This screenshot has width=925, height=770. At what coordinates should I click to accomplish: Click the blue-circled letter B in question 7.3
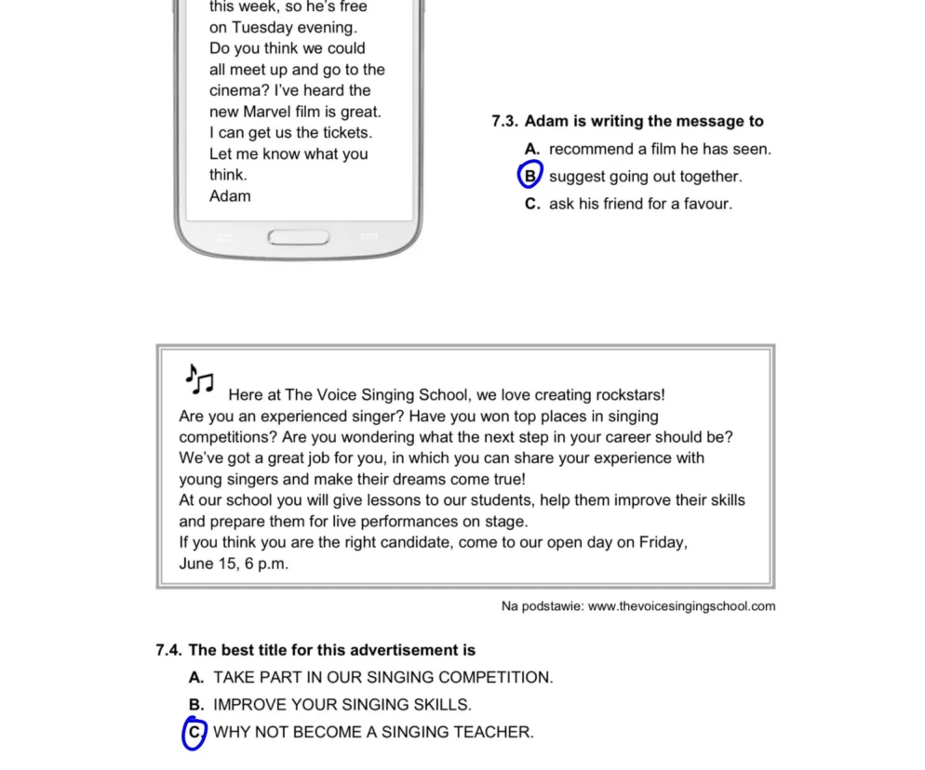tap(530, 175)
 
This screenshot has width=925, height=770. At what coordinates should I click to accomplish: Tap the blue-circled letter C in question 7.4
tap(194, 733)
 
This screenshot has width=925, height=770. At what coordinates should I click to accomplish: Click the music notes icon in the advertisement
tap(199, 378)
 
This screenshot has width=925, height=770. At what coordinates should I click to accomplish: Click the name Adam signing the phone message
tap(230, 195)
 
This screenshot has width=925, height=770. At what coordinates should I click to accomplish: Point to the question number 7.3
tap(505, 121)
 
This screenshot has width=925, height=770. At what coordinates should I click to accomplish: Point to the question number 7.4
tap(169, 650)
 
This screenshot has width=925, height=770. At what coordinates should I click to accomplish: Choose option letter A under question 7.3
tap(532, 149)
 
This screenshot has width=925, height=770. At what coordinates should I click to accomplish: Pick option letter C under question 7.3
tap(532, 204)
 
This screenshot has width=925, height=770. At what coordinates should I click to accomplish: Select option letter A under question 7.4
tap(195, 677)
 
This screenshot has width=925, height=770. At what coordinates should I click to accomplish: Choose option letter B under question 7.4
tap(195, 705)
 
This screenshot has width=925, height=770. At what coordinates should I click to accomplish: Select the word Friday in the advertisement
tap(662, 542)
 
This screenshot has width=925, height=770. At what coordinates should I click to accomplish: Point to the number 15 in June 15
tap(227, 564)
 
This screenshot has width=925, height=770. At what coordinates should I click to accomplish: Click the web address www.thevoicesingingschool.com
tap(681, 606)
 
